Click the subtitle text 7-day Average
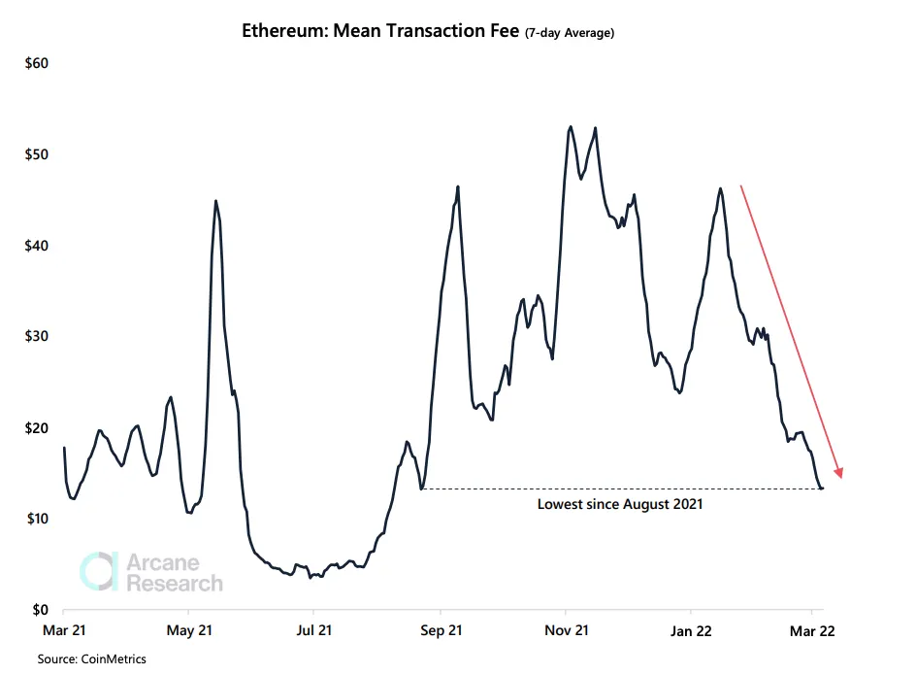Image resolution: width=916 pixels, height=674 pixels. (x=570, y=33)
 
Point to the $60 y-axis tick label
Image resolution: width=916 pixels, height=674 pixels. (x=35, y=64)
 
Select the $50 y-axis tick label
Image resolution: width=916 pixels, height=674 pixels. (x=35, y=155)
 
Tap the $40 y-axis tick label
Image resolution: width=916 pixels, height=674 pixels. (x=35, y=246)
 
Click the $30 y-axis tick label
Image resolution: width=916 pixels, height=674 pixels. (x=35, y=337)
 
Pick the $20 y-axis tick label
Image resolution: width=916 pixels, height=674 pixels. (x=35, y=428)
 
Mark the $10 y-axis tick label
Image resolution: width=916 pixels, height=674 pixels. (x=35, y=519)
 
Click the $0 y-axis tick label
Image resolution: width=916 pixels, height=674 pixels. (x=39, y=610)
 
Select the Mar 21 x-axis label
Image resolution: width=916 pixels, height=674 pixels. (x=63, y=630)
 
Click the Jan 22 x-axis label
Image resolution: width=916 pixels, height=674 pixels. (x=691, y=630)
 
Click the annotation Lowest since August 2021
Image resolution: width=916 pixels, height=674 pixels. (x=620, y=505)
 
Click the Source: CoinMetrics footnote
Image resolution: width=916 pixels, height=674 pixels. (x=92, y=659)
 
